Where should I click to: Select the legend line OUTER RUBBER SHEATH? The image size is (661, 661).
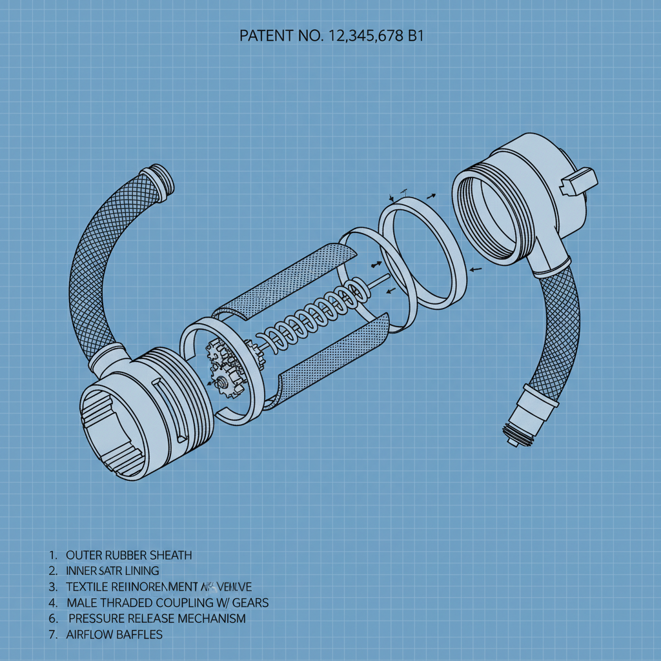click(128, 555)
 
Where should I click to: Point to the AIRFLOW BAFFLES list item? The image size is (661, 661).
click(114, 635)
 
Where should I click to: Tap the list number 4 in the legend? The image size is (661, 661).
click(52, 603)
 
